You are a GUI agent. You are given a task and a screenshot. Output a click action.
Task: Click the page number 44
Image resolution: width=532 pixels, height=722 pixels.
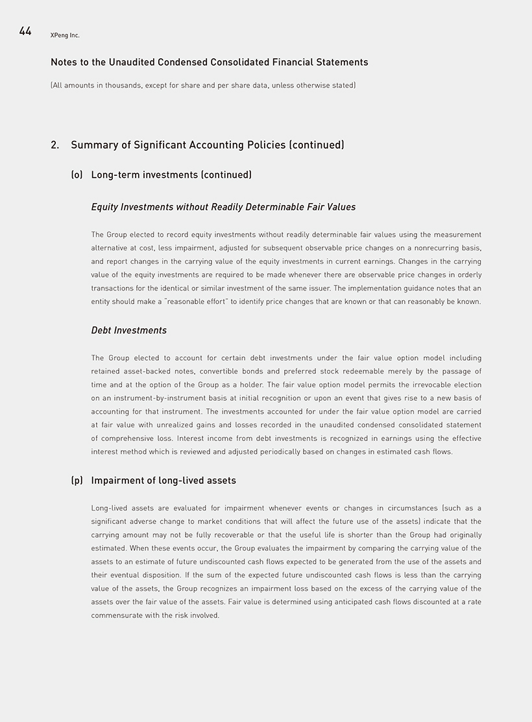pos(25,31)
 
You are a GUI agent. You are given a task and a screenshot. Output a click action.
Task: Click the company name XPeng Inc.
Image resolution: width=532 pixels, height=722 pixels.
pos(65,35)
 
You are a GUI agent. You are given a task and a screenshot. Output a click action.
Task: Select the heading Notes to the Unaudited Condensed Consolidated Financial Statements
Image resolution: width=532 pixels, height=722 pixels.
pos(209,62)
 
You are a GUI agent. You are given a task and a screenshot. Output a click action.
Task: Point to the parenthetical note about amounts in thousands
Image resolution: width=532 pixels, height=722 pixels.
pos(202,85)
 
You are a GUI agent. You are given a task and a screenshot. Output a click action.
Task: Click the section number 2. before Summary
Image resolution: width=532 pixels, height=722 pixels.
pos(55,145)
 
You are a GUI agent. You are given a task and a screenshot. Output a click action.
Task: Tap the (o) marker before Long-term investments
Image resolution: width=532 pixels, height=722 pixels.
pos(77,174)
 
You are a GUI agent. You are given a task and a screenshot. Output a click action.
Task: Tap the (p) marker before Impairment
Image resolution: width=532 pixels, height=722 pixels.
pos(77,481)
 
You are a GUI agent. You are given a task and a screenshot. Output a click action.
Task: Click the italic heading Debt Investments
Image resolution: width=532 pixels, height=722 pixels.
pos(128,330)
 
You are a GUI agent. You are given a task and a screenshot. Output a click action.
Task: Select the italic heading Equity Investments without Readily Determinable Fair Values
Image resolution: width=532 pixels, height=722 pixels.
pos(223,207)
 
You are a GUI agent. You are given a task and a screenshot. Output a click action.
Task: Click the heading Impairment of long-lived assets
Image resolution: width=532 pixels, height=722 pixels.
pos(163,481)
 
